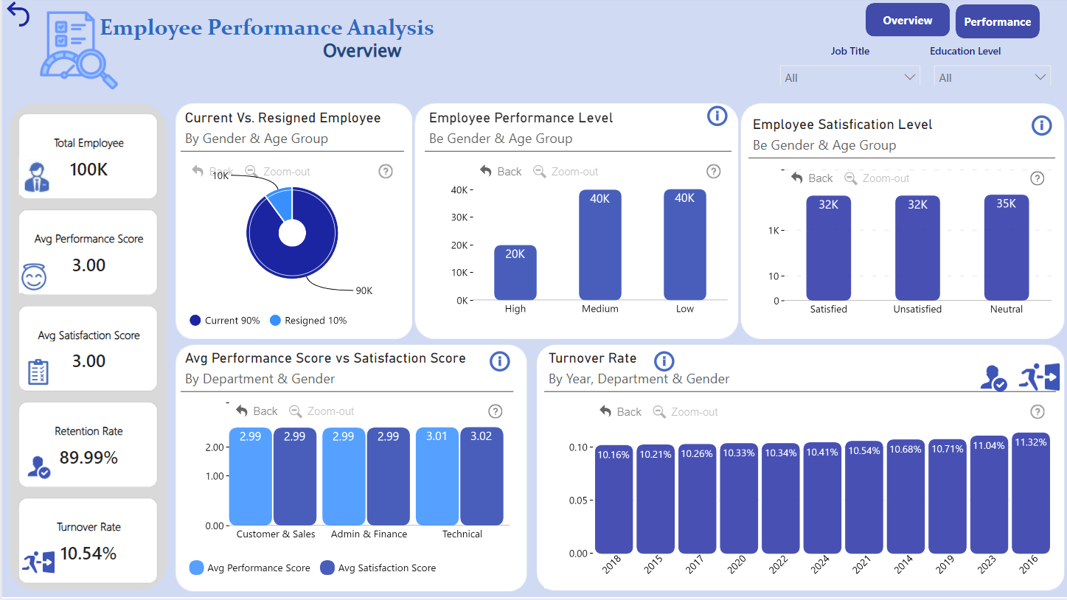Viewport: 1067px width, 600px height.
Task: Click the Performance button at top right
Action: (997, 22)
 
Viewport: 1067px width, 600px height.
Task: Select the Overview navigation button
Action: (907, 21)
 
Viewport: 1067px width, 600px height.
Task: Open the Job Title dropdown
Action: (849, 77)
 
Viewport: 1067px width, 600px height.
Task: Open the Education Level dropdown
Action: (992, 77)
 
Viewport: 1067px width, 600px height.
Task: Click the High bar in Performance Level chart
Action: (515, 273)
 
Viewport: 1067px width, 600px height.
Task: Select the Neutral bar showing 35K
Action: (1006, 248)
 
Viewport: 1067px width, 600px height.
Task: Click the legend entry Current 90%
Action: (225, 321)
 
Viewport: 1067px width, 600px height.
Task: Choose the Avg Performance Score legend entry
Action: (250, 568)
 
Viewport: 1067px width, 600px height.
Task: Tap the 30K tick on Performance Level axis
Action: (460, 217)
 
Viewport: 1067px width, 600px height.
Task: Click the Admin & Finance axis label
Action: (369, 534)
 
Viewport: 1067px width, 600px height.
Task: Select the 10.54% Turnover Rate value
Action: (88, 554)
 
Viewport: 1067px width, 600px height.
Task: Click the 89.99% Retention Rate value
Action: (88, 458)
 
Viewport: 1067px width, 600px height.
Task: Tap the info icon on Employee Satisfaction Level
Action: (1041, 125)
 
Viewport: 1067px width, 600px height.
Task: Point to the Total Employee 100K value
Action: (88, 170)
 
